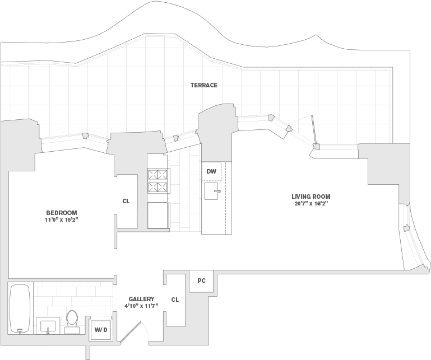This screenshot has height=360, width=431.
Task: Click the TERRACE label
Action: (x=204, y=85)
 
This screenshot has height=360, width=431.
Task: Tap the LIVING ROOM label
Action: (x=311, y=197)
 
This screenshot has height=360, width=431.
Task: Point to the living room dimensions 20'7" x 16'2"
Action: (x=311, y=204)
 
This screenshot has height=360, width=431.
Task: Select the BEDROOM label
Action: (x=62, y=213)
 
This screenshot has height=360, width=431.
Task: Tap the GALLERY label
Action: (x=141, y=299)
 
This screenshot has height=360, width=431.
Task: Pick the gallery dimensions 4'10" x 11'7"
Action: (x=141, y=306)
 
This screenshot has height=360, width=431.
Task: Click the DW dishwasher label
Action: (x=211, y=172)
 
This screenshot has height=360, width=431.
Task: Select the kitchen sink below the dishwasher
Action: (x=212, y=191)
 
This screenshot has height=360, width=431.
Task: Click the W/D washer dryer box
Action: (x=101, y=330)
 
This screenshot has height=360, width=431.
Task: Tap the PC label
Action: (x=201, y=280)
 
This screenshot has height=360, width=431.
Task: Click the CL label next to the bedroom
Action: (x=126, y=202)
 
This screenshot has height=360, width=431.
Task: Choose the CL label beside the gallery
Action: (x=175, y=300)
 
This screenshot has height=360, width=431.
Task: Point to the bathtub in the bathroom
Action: (x=20, y=308)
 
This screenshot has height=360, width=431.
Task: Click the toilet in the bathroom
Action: (x=72, y=321)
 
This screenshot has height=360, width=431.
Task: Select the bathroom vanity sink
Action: (x=48, y=327)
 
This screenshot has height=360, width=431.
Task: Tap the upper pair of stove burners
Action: (x=158, y=174)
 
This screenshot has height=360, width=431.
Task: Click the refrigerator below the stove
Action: (x=158, y=216)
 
